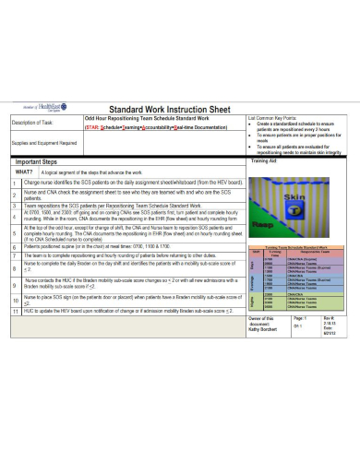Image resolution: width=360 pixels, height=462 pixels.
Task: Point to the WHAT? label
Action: [x=24, y=172]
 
